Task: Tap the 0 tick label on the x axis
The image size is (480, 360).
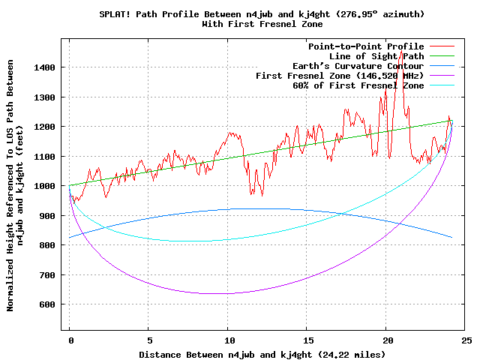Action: [x=70, y=340]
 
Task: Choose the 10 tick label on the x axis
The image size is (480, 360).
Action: [x=227, y=340]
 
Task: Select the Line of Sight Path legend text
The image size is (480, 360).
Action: [x=376, y=56]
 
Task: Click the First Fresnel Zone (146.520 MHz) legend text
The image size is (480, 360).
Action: [x=340, y=76]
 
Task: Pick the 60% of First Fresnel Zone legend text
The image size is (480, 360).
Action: [x=358, y=85]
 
